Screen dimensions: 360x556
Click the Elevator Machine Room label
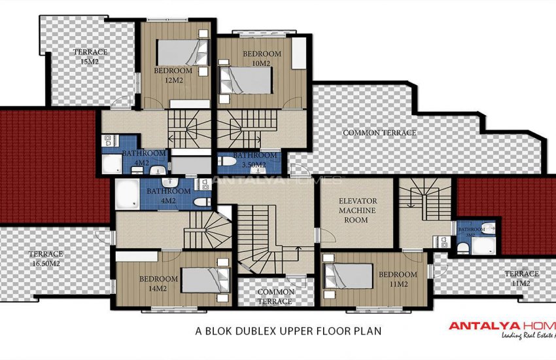(357, 210)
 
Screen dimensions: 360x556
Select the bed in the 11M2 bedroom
(349, 275)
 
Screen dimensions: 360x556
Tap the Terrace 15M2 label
(90, 56)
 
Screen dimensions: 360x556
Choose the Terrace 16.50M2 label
(45, 258)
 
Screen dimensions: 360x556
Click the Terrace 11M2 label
(521, 278)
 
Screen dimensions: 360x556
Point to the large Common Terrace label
(379, 133)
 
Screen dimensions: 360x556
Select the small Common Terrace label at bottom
(275, 297)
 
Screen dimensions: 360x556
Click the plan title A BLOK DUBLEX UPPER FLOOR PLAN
(288, 331)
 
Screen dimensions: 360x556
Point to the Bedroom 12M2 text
(173, 75)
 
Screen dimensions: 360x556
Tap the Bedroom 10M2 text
(262, 58)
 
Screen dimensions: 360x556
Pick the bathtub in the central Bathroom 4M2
(127, 194)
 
